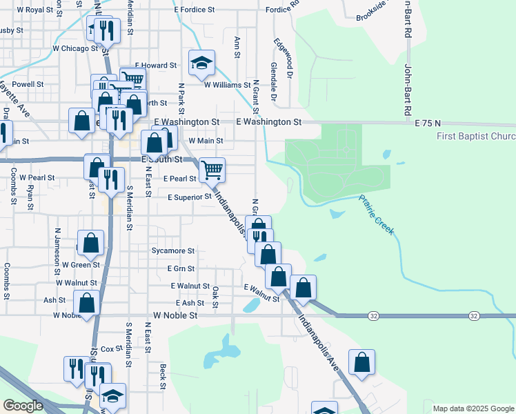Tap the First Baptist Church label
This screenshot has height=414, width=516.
476,136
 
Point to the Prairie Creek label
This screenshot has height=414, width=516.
377,215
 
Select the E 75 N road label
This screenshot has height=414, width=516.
428,122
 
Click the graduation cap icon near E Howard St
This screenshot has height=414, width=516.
201,63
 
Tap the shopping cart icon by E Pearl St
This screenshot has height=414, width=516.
212,169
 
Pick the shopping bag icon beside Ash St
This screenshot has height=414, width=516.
87,303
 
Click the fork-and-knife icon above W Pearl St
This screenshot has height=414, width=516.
110,179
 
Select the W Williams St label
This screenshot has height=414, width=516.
227,85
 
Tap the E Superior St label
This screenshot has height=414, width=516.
190,197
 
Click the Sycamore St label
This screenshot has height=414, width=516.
173,251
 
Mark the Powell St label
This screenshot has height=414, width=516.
28,84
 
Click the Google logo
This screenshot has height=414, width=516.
23,406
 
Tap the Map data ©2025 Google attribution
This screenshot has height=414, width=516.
473,408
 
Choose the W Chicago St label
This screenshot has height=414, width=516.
75,49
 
